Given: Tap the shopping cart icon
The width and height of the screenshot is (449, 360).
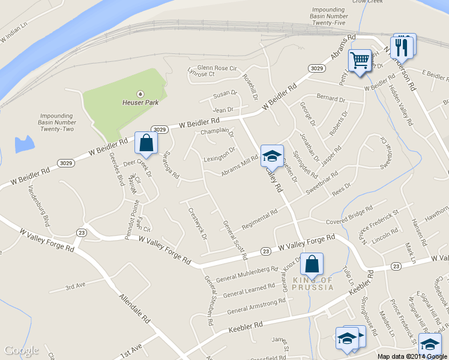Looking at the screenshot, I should pos(360,60).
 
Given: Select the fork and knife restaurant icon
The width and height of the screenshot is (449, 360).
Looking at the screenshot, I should pos(402,46).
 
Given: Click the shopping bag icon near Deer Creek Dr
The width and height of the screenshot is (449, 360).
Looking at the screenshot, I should pos(146,143).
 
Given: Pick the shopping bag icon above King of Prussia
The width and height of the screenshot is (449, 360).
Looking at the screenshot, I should pos(312,264).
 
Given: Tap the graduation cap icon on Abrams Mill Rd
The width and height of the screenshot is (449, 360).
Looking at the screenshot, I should pos(272,155).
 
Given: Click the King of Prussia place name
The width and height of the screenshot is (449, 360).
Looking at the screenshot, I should pos(312,283).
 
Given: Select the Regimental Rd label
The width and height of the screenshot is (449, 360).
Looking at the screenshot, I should pos(259,220).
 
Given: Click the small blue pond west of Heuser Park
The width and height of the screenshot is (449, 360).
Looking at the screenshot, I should pos(25,144).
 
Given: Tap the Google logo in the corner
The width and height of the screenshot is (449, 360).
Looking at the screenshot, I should pos(21,350).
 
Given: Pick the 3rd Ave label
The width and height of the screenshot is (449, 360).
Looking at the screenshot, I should pos(76,286).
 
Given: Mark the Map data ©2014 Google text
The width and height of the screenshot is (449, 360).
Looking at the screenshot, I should pos(412,356).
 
